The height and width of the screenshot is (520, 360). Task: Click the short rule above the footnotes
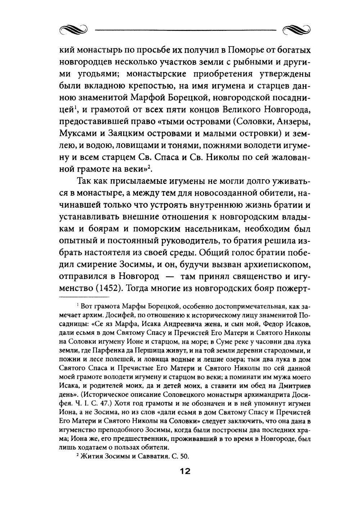tap(84, 297)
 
